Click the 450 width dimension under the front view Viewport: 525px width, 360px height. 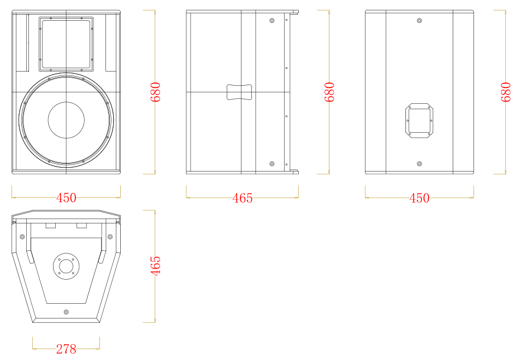point(66,198)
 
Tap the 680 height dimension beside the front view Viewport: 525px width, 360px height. point(155,92)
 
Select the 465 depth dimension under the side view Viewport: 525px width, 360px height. point(243,198)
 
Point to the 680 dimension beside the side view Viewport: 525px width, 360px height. point(329,92)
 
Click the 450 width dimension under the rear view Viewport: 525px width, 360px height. point(419,198)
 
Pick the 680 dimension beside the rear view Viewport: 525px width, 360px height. point(506,92)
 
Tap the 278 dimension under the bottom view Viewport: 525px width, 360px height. point(66,349)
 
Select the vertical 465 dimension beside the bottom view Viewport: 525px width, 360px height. point(155,266)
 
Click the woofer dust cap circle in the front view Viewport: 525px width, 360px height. point(66,120)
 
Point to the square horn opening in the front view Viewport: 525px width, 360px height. point(66,44)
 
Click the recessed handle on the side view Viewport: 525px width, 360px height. point(239,92)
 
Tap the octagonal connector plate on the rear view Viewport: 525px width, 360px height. point(420,121)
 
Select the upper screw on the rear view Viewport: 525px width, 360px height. point(419,20)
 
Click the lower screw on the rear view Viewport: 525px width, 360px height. point(419,164)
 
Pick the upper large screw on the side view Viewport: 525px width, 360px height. point(272,20)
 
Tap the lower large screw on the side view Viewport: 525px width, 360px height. point(272,164)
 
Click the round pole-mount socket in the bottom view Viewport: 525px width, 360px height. point(66,266)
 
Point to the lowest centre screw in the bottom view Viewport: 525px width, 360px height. point(66,312)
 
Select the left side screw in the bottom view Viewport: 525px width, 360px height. point(22,237)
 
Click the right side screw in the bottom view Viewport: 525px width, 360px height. point(110,237)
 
